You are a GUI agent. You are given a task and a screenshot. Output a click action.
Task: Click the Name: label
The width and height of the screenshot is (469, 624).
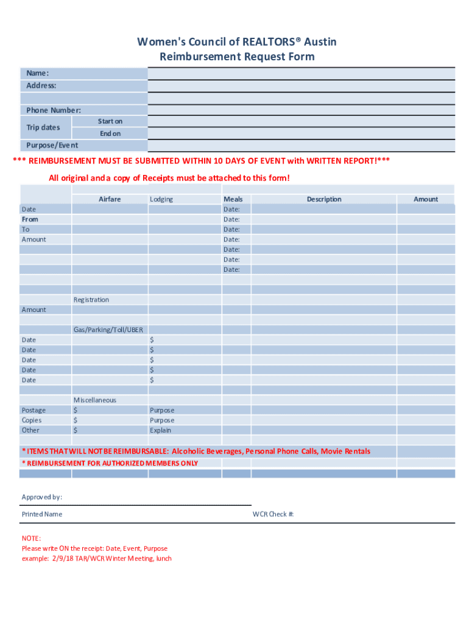coord(37,74)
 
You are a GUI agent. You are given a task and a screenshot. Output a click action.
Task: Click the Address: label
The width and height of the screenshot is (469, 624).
coord(41,86)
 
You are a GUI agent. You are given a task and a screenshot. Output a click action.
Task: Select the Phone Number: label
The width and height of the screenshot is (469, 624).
coord(53,110)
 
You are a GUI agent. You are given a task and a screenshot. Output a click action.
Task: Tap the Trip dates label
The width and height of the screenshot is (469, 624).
coord(43,127)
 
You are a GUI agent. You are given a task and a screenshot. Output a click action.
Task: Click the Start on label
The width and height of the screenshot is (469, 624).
coord(110,121)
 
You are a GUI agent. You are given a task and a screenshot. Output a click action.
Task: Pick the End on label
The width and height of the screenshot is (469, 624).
coord(110,133)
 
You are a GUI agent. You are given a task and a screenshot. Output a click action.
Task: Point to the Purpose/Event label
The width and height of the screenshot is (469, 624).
coord(52,146)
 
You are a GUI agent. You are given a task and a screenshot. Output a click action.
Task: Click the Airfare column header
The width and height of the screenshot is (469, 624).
coord(110,199)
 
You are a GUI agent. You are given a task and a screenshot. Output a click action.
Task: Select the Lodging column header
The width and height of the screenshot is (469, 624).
coord(161,199)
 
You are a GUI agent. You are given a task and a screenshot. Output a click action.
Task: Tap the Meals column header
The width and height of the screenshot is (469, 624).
coord(233,199)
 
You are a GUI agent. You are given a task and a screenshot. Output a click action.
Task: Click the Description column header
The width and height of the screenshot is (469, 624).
coord(324,199)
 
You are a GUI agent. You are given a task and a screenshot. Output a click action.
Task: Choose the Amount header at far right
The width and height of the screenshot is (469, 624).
coord(426,199)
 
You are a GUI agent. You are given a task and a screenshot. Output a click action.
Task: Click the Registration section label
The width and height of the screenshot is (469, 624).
coord(91,300)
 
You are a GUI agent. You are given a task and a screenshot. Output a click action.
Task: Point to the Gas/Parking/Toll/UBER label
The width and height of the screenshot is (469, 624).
coord(108,330)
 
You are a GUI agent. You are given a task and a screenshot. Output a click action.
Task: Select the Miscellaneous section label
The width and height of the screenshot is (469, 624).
coord(94,400)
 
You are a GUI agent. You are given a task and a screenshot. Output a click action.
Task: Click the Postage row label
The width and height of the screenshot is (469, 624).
coord(33,410)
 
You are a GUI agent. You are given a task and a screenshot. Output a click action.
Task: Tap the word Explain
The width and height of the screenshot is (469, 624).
coord(160,430)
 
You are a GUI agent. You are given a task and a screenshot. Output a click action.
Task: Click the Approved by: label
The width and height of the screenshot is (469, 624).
coord(41,497)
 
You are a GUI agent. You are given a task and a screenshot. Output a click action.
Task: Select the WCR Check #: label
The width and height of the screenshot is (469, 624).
coord(273,514)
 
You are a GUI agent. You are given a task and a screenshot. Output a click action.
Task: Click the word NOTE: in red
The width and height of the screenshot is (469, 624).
coord(31,539)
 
